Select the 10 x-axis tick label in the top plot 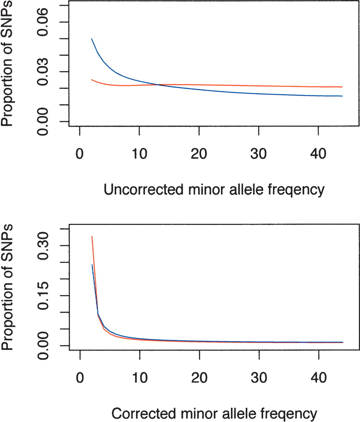(x=139, y=154)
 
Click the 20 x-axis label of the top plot (x=199, y=154)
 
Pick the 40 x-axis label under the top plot (x=318, y=154)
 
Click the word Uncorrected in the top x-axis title (x=143, y=190)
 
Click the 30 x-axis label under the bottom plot (x=259, y=377)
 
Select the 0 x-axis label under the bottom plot (x=80, y=377)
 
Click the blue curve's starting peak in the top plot (x=92, y=39)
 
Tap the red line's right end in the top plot (x=343, y=87)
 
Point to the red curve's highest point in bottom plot (x=92, y=236)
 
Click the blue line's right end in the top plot (x=343, y=96)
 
